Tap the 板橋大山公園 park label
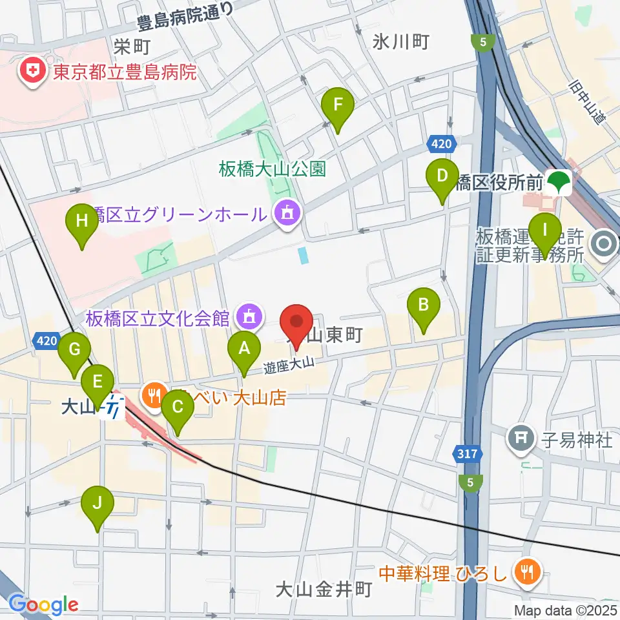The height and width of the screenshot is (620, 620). (272, 169)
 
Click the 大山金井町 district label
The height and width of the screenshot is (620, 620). (323, 589)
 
